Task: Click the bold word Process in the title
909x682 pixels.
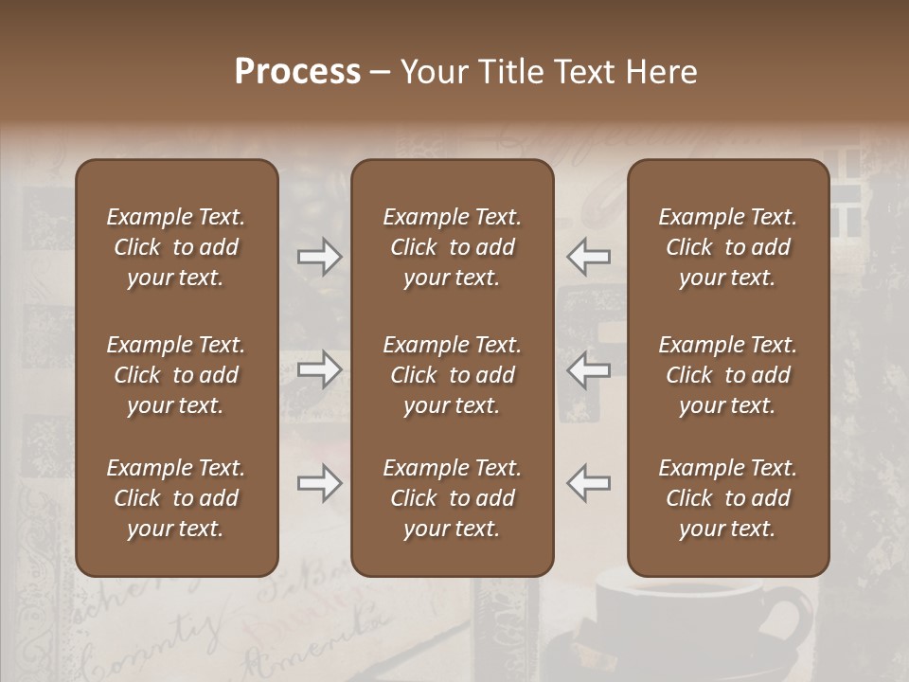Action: [x=297, y=72]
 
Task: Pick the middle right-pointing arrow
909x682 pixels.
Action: [x=319, y=369]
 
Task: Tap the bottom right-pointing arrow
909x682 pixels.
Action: [x=319, y=484]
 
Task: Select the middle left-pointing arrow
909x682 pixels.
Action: [x=588, y=369]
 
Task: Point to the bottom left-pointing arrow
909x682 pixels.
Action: [x=588, y=484]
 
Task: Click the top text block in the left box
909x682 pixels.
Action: [x=176, y=247]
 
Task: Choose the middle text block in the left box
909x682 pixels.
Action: [x=176, y=375]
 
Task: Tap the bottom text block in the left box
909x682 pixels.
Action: [x=176, y=498]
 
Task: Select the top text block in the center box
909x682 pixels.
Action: [x=452, y=247]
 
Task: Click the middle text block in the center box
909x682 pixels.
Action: [x=452, y=375]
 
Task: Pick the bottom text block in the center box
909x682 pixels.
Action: [x=452, y=498]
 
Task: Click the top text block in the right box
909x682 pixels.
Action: [x=727, y=247]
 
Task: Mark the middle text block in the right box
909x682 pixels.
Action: [x=727, y=375]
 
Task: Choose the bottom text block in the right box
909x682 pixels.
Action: [x=727, y=498]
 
